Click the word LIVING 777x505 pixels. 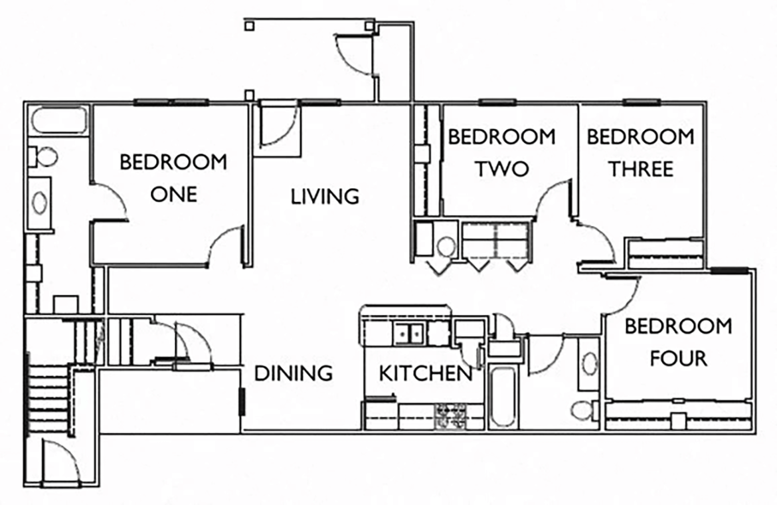coord(325,197)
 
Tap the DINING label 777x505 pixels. coord(294,373)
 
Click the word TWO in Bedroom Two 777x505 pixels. coord(501,169)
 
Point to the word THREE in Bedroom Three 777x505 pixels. coord(641,169)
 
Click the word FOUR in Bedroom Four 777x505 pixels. coord(677,359)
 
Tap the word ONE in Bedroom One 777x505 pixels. coord(173,194)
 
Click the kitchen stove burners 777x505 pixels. coord(450,415)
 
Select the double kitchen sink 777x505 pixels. coord(408,333)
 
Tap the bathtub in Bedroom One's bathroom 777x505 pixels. coord(58,121)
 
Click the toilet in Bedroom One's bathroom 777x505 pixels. coord(44,157)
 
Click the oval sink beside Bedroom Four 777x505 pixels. coord(589,364)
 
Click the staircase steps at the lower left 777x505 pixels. coord(48,399)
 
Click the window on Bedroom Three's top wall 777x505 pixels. coord(642,102)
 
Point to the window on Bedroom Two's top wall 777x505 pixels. coord(497,102)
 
